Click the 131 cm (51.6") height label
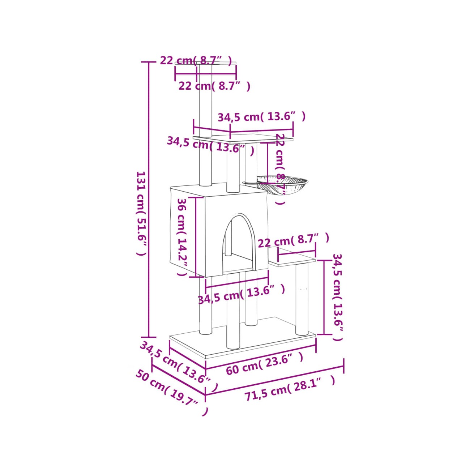(141, 213)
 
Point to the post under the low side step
(302, 299)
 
